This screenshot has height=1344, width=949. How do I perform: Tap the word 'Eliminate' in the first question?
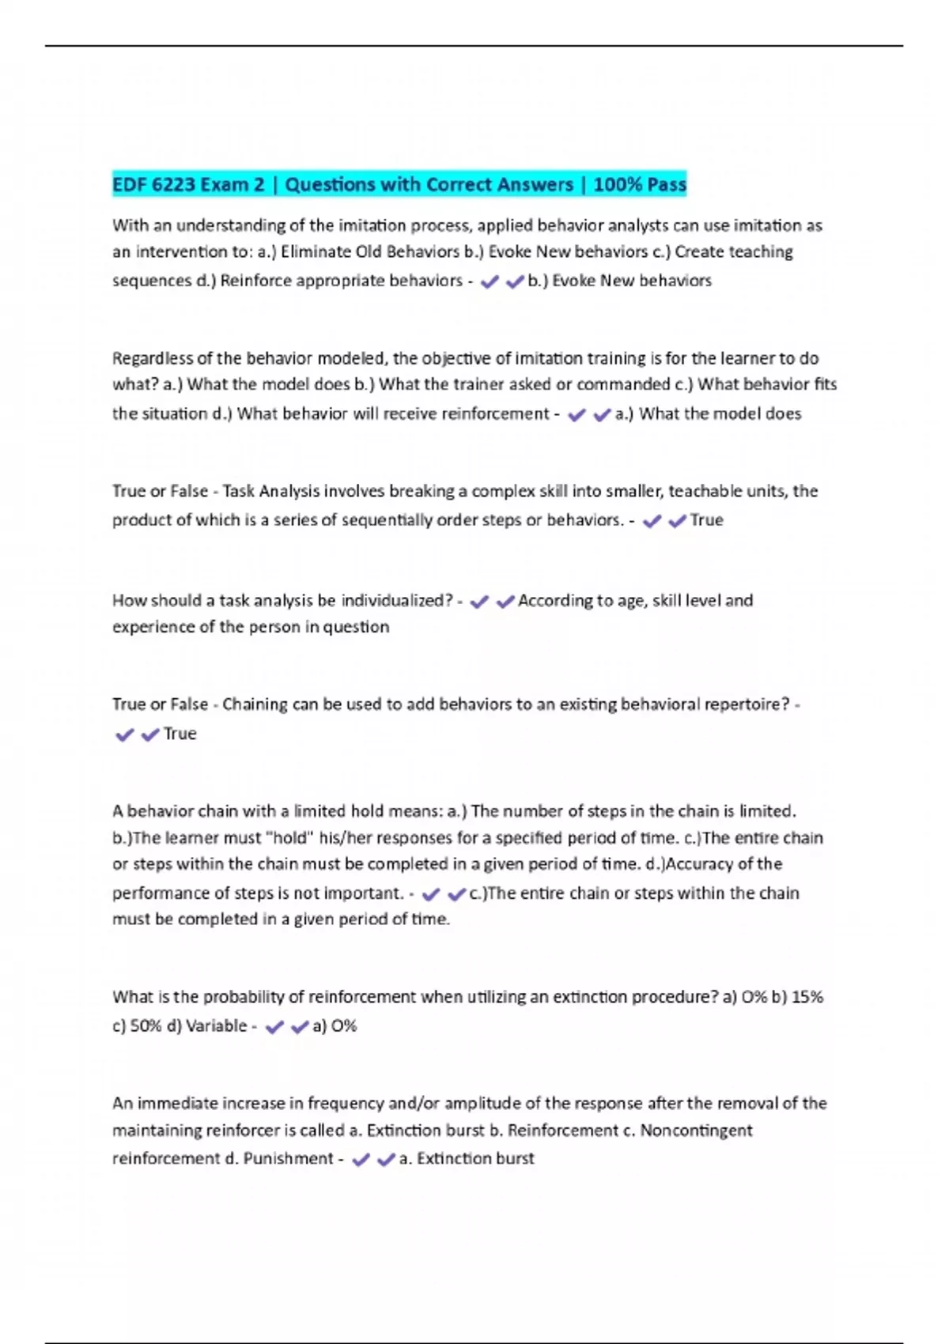click(319, 252)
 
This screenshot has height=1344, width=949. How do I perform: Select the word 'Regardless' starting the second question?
click(151, 359)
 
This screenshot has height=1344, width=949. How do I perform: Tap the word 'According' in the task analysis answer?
click(552, 601)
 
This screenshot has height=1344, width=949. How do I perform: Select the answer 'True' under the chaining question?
click(180, 734)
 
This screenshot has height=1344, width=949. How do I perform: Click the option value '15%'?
click(807, 998)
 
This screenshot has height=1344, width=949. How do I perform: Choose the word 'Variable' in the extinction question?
click(216, 1026)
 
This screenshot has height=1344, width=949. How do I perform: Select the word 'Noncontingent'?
click(696, 1131)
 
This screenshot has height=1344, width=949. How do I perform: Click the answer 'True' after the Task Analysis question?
click(706, 520)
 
